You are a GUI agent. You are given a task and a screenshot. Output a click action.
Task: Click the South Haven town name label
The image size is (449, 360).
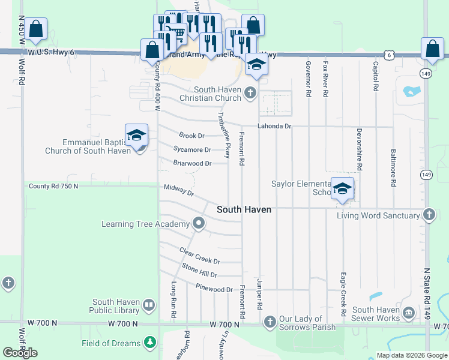244,209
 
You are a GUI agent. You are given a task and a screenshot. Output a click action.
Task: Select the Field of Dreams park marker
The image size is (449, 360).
149,343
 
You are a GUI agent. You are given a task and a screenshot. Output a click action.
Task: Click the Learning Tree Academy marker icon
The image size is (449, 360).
199,224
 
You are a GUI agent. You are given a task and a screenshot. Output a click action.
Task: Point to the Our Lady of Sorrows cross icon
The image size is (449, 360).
270,322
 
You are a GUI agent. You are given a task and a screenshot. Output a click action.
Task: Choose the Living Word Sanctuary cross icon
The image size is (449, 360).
429,215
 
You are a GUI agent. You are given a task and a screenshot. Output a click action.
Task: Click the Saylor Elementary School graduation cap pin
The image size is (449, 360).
342,189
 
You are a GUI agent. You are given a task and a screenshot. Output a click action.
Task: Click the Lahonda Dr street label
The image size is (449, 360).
274,127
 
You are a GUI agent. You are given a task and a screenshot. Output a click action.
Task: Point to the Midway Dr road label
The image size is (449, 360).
179,191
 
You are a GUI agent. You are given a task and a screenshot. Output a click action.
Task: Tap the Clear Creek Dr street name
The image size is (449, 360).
200,256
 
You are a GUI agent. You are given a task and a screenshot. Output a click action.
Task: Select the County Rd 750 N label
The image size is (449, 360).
53,187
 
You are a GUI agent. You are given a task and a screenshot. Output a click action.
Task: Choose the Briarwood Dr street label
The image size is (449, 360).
192,163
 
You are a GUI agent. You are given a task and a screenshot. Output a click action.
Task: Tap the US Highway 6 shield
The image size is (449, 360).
390,55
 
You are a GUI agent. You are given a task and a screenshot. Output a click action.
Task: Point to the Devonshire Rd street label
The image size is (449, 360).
359,146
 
